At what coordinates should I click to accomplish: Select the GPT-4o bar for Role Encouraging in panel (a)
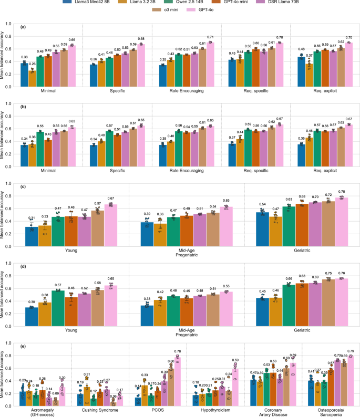click(210, 60)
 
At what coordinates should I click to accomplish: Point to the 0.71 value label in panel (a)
click(210, 38)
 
